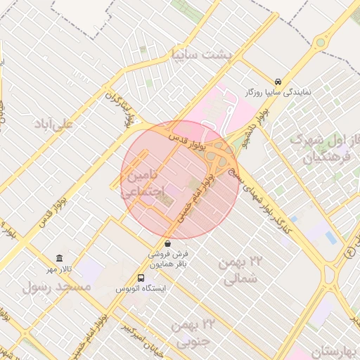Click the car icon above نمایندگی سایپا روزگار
tap(279, 81)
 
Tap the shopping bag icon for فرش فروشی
tap(167, 243)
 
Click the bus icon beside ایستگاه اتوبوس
tap(141, 278)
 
